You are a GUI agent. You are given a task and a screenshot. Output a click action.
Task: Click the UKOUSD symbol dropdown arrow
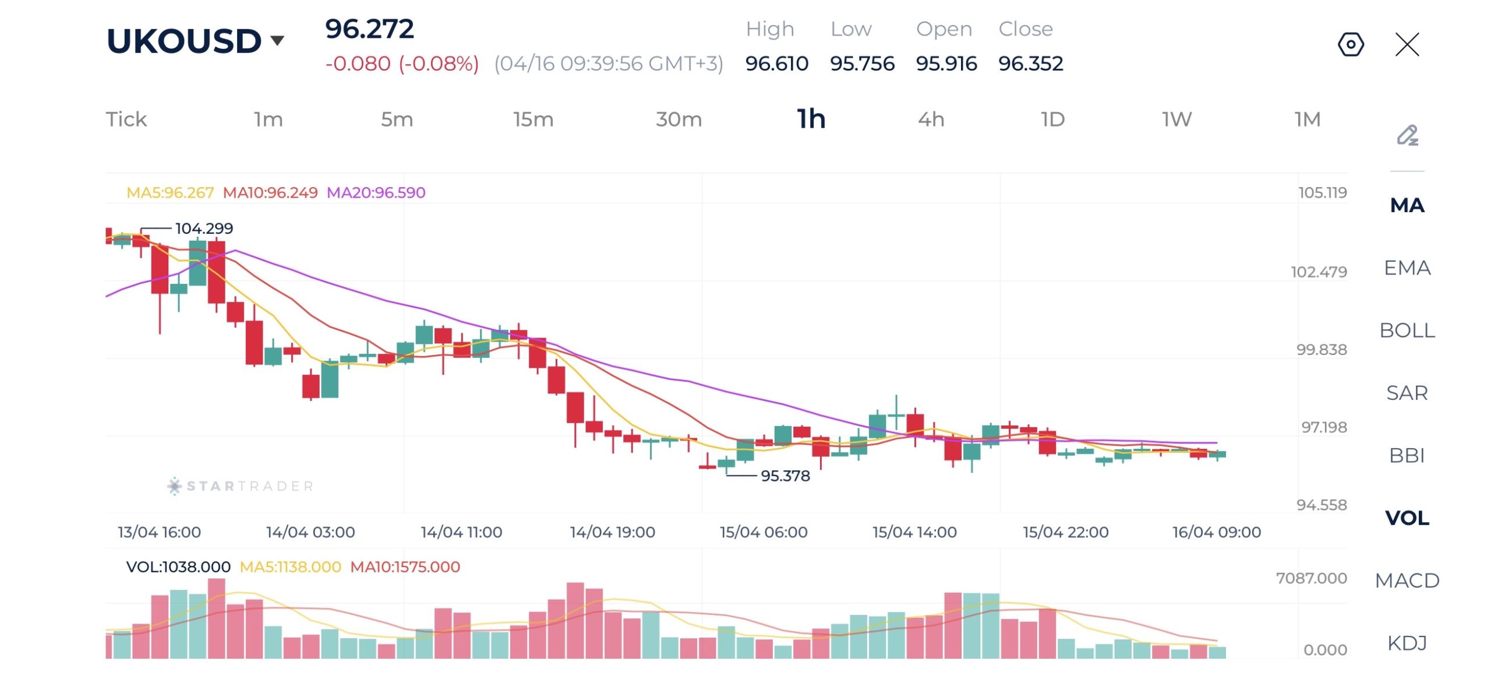click(277, 40)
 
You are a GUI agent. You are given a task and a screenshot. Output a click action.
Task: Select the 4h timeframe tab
click(931, 119)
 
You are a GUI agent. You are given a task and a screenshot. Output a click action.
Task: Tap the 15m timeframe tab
click(533, 119)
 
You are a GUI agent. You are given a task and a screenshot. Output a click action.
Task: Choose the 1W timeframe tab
click(1176, 119)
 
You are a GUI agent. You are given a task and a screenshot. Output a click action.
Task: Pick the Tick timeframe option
click(126, 119)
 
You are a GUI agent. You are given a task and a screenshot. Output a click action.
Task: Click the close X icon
click(1407, 44)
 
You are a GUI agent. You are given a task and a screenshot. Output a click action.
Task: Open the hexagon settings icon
click(1351, 44)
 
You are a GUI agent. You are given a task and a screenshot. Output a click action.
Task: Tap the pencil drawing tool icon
click(1407, 136)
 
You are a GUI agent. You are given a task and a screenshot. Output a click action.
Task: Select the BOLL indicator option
click(1407, 330)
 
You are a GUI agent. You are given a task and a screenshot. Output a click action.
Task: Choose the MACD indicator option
click(1407, 581)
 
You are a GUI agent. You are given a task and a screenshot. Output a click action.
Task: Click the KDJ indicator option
click(1407, 643)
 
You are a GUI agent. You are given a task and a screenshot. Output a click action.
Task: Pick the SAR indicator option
click(1407, 393)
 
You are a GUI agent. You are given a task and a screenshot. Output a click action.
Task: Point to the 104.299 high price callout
click(204, 228)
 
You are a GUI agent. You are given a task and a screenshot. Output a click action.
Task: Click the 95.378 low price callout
click(785, 476)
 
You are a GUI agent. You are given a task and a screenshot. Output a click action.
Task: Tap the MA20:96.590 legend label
click(376, 192)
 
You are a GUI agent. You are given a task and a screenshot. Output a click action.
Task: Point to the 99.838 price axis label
click(1321, 350)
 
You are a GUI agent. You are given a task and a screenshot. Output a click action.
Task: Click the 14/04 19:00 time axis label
click(612, 532)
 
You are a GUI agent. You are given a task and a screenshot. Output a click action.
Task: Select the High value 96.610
click(776, 64)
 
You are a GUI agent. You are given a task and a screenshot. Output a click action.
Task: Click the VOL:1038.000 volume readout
click(178, 567)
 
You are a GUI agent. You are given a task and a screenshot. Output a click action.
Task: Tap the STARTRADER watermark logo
click(241, 486)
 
